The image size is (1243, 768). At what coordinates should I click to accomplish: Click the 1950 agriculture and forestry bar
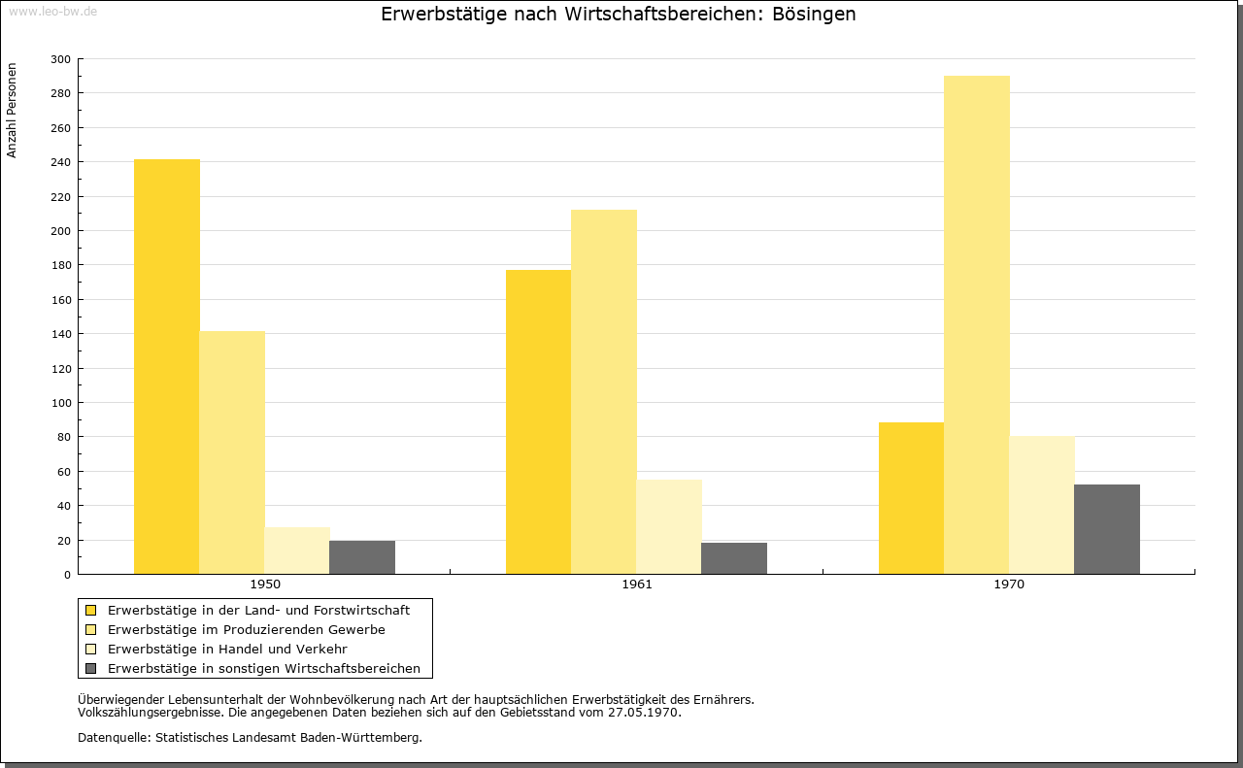click(x=166, y=367)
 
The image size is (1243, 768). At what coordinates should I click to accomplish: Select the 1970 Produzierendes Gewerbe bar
click(x=977, y=324)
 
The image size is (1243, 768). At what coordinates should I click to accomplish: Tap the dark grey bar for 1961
click(x=734, y=558)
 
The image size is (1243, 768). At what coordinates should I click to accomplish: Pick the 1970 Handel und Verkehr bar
click(x=1042, y=505)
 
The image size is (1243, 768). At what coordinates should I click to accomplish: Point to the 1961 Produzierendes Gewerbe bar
click(x=604, y=392)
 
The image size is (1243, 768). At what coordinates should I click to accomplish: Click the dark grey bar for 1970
click(x=1107, y=529)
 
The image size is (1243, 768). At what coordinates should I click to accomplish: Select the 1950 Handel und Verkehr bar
click(x=297, y=551)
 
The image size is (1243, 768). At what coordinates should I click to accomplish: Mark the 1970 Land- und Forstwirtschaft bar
click(x=911, y=498)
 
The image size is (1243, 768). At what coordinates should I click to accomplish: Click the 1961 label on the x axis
click(x=637, y=584)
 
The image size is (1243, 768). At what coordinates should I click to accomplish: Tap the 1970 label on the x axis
click(x=1009, y=584)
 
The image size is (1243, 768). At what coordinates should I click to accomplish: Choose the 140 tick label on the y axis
click(x=60, y=334)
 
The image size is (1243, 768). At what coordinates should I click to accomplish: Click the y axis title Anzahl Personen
click(x=12, y=111)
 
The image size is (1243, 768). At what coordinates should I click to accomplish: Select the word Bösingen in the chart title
click(x=814, y=14)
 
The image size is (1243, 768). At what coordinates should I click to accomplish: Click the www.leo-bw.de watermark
click(x=53, y=11)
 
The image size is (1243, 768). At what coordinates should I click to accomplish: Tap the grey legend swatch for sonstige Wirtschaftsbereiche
click(x=90, y=669)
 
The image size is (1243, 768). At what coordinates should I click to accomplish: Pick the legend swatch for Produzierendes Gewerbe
click(x=90, y=630)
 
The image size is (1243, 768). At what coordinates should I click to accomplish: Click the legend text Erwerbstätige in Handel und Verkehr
click(x=227, y=650)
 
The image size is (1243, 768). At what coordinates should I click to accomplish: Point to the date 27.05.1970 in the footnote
click(x=643, y=713)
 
